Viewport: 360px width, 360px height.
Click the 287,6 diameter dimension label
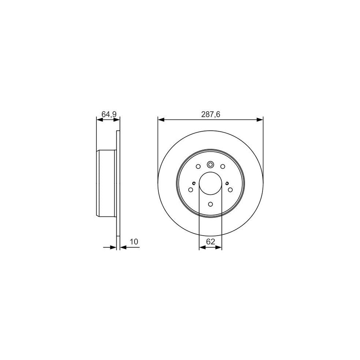point(210,114)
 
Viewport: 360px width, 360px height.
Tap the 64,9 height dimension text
point(108,114)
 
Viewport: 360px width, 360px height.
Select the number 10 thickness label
point(134,242)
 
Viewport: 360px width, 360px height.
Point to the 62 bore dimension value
point(211,241)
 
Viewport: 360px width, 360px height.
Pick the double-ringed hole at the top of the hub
point(210,164)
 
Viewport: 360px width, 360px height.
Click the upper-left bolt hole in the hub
point(198,166)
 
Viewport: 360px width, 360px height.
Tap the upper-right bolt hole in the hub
point(222,166)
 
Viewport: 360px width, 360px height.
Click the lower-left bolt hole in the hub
point(190,189)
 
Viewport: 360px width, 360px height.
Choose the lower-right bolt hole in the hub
point(230,189)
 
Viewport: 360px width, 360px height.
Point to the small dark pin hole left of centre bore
point(194,183)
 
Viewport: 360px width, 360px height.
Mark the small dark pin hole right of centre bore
point(227,183)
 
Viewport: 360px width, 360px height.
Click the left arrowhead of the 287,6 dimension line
point(160,119)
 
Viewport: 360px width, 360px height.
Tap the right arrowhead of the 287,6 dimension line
point(261,119)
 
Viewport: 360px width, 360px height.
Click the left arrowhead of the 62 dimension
point(202,248)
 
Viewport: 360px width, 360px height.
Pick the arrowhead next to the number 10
point(122,248)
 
